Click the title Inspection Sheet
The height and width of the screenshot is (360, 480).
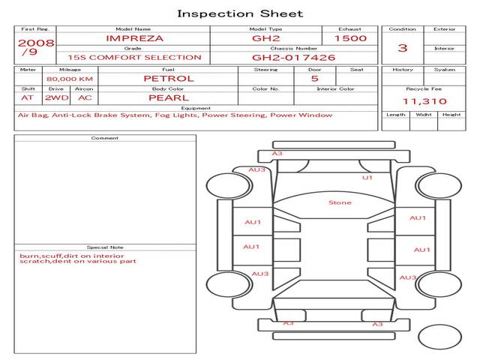coord(240,13)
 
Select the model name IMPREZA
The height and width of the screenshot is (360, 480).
coord(134,38)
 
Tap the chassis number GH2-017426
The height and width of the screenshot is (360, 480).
coord(293,58)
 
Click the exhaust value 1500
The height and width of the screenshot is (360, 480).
coord(350,38)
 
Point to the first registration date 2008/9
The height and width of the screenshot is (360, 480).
coord(36,46)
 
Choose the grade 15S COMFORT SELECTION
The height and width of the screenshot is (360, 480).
coord(134,58)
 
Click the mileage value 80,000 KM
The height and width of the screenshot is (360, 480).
coord(70,79)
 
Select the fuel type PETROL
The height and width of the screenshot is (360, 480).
coord(169,79)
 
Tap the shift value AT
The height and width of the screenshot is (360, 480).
coord(27,98)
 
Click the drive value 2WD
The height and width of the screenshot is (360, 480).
coord(57,98)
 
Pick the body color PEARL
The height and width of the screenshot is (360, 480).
coord(169,98)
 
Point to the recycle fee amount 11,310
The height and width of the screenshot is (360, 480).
coord(424,101)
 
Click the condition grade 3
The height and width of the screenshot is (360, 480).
coord(403,48)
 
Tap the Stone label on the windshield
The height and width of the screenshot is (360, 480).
coord(340,202)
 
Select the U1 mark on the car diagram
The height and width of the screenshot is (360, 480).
coord(367,178)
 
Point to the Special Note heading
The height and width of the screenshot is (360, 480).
coord(105,247)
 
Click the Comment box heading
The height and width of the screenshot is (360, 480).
coord(105,138)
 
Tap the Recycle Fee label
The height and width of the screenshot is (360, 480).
coord(424,89)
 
